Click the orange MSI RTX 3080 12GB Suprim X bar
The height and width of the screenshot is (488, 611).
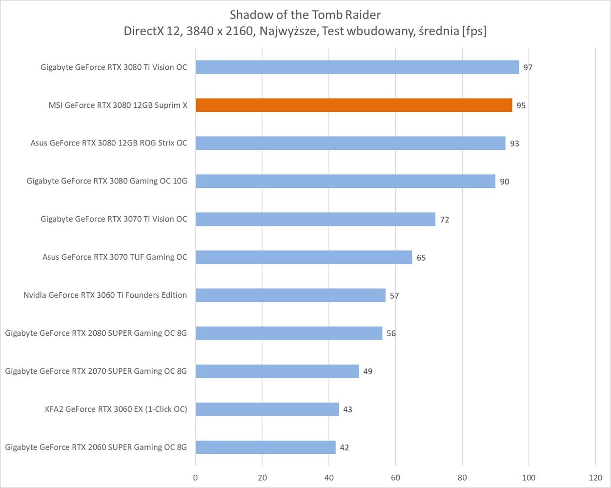pos(354,105)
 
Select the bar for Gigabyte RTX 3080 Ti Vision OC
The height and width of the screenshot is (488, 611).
pos(357,67)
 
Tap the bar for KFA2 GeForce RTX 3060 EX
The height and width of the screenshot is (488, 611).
pos(267,409)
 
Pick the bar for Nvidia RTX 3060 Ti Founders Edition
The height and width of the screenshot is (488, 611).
pos(290,295)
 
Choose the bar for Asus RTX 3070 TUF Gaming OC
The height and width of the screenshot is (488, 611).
pos(304,257)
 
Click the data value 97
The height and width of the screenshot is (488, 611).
pos(528,67)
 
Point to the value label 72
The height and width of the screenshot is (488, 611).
pos(444,220)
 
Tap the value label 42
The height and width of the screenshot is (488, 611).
pos(344,447)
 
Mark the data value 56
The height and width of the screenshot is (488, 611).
pos(391,333)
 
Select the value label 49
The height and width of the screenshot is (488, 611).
pos(367,371)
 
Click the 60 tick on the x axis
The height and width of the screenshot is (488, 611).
pos(395,478)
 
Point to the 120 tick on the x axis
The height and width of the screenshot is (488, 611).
pos(595,478)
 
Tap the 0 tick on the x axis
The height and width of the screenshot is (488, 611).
pos(196,478)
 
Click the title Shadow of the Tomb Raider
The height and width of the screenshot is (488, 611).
pos(305,14)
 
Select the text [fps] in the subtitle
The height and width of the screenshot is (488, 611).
pos(474,31)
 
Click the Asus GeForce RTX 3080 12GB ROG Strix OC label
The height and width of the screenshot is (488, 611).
pos(109,143)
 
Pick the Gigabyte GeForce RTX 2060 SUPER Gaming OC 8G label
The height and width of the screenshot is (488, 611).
pos(96,447)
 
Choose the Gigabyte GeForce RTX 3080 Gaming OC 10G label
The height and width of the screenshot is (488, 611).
pos(107,181)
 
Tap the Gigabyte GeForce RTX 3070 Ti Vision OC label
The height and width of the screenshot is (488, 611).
pos(114,219)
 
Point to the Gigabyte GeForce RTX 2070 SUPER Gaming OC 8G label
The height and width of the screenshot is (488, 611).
pos(96,371)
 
